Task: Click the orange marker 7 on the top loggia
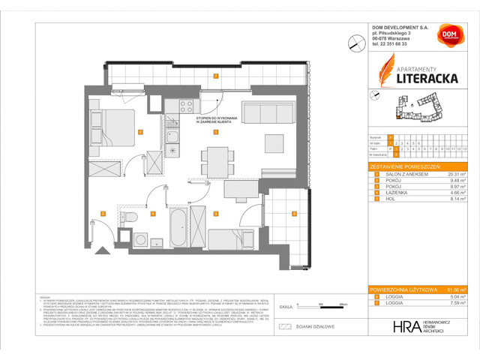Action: point(216,76)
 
